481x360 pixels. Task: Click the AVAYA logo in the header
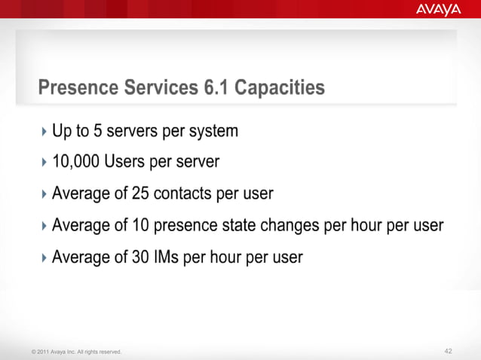[x=438, y=10]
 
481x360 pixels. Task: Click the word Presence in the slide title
[x=78, y=88]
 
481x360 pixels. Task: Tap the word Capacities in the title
[x=280, y=88]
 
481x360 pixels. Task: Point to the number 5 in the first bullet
[x=97, y=131]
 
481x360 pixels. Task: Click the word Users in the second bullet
[x=126, y=162]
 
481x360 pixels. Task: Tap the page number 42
[x=449, y=351]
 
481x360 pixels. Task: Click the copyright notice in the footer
[x=76, y=352]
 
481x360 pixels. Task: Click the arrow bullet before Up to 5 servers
[x=44, y=132]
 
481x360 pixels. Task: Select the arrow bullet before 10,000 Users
[x=44, y=163]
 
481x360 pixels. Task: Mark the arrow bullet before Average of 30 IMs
[x=44, y=258]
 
